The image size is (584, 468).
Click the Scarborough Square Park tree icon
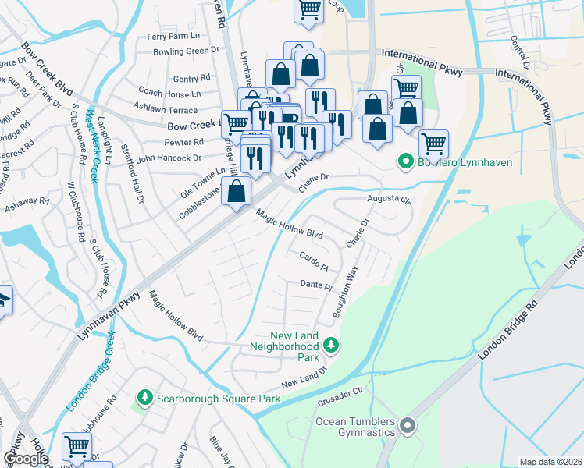[144, 399]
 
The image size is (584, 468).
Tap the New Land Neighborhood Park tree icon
[332, 344]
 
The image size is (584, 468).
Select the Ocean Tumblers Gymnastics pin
[407, 427]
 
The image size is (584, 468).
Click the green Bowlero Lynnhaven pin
[405, 163]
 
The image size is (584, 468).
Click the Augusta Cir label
[389, 199]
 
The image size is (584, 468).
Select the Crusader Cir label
[342, 395]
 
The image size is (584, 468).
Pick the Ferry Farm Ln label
[173, 36]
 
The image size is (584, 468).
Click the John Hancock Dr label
[169, 158]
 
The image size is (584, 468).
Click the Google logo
[26, 458]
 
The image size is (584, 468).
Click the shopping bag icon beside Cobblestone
[236, 191]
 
